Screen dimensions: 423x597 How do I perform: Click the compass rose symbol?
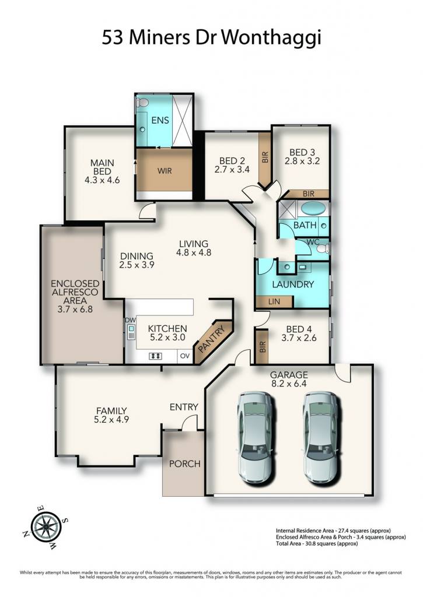46,527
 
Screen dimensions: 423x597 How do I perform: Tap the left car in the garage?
255,438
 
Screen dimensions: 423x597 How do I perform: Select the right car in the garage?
320,438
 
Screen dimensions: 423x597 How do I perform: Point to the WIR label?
165,171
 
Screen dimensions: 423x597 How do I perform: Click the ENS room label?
160,120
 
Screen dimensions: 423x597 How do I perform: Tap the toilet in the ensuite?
142,102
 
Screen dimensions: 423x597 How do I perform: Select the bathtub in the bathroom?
313,209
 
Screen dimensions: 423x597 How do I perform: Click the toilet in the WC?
323,248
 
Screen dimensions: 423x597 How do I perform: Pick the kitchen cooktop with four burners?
155,356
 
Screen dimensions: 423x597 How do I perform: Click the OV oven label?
185,356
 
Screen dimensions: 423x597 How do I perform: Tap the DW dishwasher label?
130,320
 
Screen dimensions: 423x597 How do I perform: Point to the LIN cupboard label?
274,301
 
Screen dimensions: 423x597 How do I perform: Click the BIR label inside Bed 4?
262,346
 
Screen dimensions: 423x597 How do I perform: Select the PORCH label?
185,463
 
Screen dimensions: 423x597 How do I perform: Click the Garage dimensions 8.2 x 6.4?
289,384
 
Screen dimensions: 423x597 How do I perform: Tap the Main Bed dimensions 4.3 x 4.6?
102,180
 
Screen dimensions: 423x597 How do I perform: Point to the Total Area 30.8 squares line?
317,543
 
